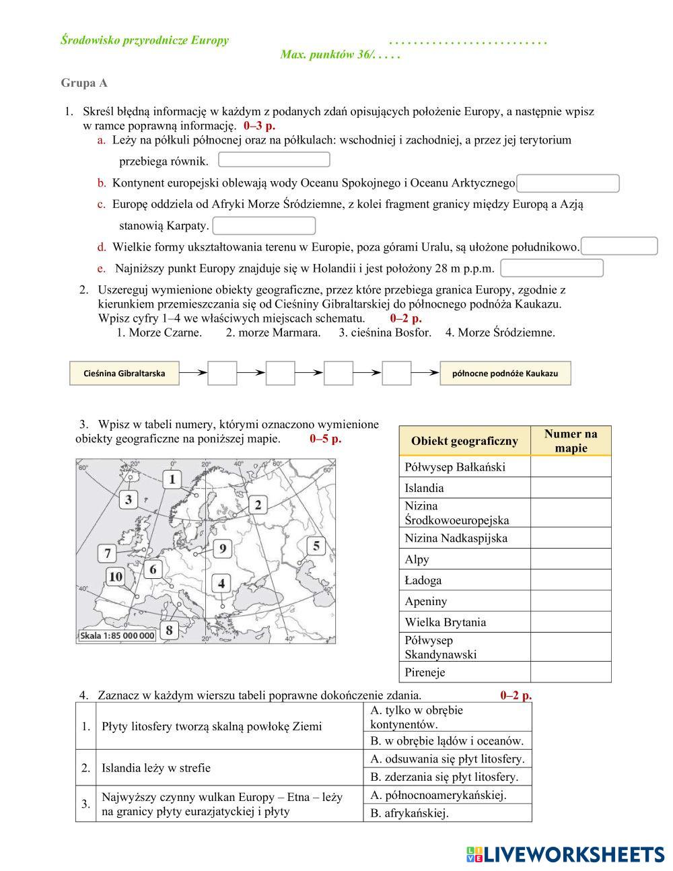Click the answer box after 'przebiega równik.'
(274, 160)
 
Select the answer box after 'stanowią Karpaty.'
(264, 226)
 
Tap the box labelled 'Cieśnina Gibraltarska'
(125, 373)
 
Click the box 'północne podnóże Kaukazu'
(505, 373)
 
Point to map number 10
(116, 576)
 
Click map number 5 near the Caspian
(316, 545)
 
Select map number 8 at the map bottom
(169, 630)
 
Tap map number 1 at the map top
(172, 479)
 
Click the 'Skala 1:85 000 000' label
(117, 635)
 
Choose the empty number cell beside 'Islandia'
(571, 488)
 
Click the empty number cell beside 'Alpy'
(571, 559)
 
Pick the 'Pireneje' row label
(425, 672)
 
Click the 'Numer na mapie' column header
(571, 441)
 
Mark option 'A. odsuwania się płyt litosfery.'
(448, 759)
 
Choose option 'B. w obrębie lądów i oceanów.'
(447, 741)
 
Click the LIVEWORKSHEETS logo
(565, 854)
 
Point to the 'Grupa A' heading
(84, 83)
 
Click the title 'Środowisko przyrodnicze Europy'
(145, 40)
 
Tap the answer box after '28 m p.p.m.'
(552, 269)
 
